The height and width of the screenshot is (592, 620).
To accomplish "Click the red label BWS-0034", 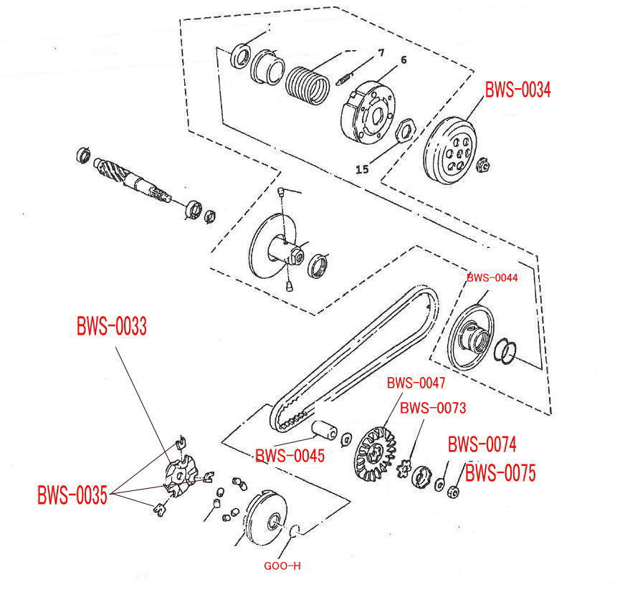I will tap(518, 90).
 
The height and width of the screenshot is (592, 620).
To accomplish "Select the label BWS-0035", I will tap(72, 495).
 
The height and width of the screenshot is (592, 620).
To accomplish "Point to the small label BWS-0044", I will tap(492, 277).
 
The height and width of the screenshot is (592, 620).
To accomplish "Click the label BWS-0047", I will tap(416, 383).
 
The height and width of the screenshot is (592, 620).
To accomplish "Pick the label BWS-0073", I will tap(433, 408).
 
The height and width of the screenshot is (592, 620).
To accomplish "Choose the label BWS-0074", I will tap(482, 445).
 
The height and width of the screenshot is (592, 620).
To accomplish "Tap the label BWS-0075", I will tap(500, 473).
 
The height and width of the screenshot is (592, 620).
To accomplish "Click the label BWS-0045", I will tap(290, 455).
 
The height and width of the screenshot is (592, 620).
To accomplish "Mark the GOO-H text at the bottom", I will tap(282, 566).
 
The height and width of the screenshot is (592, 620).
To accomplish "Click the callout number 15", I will tap(362, 169).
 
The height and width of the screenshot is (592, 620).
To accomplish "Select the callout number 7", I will tap(381, 52).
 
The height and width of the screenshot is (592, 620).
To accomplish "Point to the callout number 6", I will tap(404, 60).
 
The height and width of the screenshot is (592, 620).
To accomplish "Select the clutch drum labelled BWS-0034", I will tap(449, 151).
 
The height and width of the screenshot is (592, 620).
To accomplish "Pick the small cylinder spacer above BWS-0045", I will tap(325, 431).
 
